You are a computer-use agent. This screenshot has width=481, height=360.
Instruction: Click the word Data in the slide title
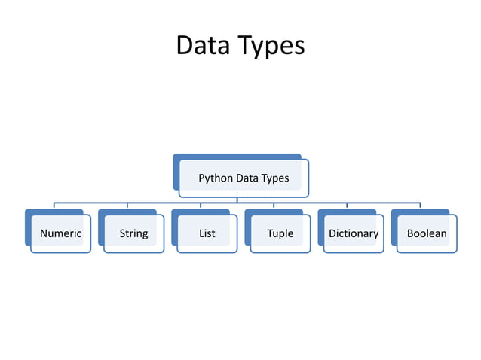(x=201, y=45)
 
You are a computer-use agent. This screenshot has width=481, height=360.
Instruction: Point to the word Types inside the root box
(x=274, y=178)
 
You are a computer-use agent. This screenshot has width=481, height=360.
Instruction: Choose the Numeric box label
(x=60, y=233)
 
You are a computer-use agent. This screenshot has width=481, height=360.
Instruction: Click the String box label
(x=133, y=233)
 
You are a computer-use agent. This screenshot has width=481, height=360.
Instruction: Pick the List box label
(x=207, y=233)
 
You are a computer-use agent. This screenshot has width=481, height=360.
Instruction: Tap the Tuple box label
(x=280, y=233)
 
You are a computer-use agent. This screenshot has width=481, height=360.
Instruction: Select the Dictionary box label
(x=353, y=233)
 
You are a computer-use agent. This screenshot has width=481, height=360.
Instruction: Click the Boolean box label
(x=427, y=233)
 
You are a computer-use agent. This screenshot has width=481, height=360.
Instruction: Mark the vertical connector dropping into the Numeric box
(x=54, y=206)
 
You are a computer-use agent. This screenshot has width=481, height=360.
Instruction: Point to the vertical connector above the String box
(x=127, y=206)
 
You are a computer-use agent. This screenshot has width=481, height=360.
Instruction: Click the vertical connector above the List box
(x=200, y=206)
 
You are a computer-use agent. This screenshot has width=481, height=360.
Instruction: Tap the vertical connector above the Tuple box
(x=274, y=206)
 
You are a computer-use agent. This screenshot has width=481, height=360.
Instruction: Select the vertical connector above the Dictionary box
(x=347, y=206)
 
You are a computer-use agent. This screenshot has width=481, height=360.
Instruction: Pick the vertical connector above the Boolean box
(x=420, y=206)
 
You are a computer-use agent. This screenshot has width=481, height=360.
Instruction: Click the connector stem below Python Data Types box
(x=237, y=200)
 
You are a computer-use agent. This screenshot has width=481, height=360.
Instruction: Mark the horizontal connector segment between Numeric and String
(x=90, y=203)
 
